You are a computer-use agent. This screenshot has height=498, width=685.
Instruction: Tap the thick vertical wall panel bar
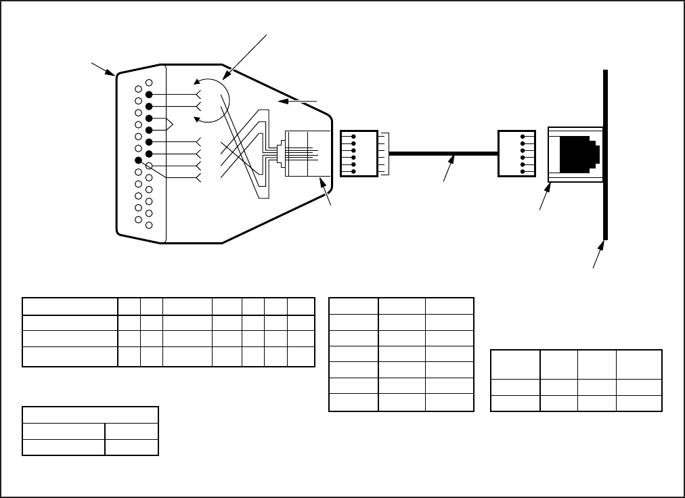604,156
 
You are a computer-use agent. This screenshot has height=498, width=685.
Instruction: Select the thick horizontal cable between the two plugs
440,154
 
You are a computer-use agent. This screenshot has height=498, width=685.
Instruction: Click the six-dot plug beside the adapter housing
359,154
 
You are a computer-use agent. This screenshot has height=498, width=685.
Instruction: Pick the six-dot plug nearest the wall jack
517,154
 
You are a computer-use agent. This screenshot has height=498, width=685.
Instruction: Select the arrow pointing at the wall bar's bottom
598,259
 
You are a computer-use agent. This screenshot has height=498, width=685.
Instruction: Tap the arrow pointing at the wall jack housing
544,201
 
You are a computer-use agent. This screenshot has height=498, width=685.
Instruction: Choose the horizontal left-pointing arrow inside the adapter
298,101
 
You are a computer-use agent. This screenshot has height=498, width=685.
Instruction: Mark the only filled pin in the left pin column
139,160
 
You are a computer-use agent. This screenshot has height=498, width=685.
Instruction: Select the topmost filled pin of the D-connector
149,94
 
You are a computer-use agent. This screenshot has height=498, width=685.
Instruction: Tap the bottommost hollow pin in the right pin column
149,225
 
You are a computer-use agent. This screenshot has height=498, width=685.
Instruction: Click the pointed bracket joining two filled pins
169,124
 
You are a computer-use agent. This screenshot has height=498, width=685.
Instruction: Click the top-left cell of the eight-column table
70,306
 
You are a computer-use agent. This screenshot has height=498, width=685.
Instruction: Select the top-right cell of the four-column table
638,365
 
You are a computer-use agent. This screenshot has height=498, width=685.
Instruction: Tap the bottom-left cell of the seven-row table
353,403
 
